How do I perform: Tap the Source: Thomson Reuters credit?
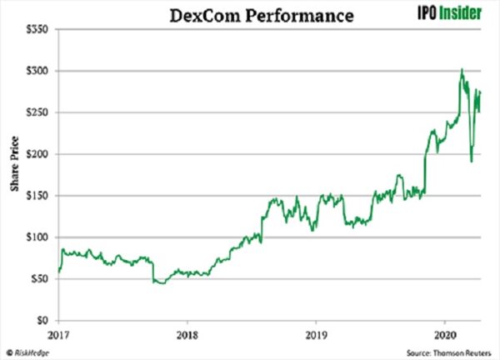tap(449, 351)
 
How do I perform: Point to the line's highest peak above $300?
tap(462, 69)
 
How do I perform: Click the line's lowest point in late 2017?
tap(161, 283)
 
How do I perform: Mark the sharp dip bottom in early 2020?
tap(471, 162)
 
